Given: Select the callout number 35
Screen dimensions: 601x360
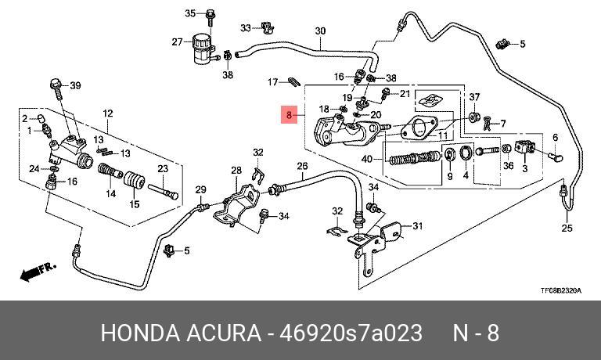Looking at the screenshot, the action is click(x=190, y=13).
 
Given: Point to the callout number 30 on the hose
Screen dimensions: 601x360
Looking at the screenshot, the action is click(x=319, y=31).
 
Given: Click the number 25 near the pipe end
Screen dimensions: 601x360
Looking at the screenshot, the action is click(x=567, y=229).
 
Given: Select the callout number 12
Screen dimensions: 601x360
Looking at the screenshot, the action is click(x=108, y=113).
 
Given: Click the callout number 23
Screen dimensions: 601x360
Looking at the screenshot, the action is click(x=163, y=168).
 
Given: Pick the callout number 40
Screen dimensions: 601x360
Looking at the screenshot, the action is click(x=367, y=159).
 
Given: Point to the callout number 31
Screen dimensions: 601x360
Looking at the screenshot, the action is click(x=417, y=227).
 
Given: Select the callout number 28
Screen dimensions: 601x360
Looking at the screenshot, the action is click(x=236, y=170).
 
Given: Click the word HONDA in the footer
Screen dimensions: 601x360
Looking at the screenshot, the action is click(x=136, y=333).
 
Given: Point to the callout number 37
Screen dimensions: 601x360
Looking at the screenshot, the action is click(x=473, y=96).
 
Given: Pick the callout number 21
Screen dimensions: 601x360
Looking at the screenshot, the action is click(x=405, y=94).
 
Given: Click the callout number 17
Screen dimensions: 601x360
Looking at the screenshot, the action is click(x=272, y=81).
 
